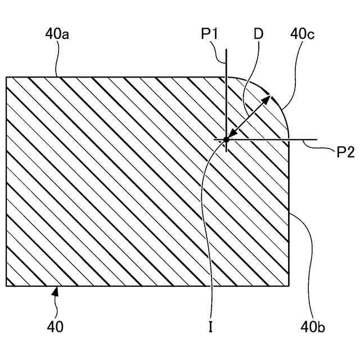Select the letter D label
258,34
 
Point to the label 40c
302,34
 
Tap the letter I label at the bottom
210,327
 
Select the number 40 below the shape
55,327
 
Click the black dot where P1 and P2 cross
226,139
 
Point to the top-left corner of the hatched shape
6,77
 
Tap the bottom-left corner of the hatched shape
6,286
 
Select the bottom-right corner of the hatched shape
289,286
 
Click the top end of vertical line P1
226,48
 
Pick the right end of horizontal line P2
318,139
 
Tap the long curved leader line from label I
204,214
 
